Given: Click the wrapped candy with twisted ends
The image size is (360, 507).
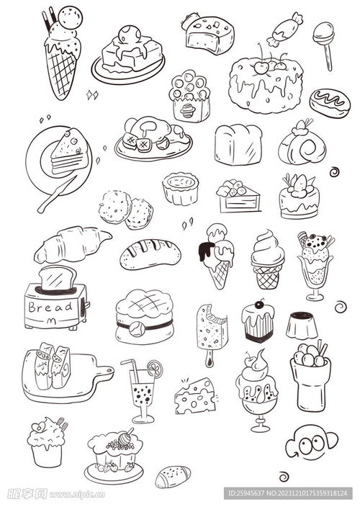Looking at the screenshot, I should pyautogui.click(x=284, y=28).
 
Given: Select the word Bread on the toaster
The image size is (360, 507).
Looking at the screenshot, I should pyautogui.click(x=50, y=307).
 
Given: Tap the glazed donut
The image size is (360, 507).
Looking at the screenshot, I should pyautogui.click(x=330, y=102).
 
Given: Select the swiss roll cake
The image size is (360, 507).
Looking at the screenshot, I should pyautogui.click(x=302, y=146).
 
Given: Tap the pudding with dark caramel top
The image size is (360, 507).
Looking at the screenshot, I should pyautogui.click(x=302, y=325).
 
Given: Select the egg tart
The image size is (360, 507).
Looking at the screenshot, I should pyautogui.click(x=180, y=189).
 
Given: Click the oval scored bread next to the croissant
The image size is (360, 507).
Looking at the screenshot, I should pyautogui.click(x=150, y=253).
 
